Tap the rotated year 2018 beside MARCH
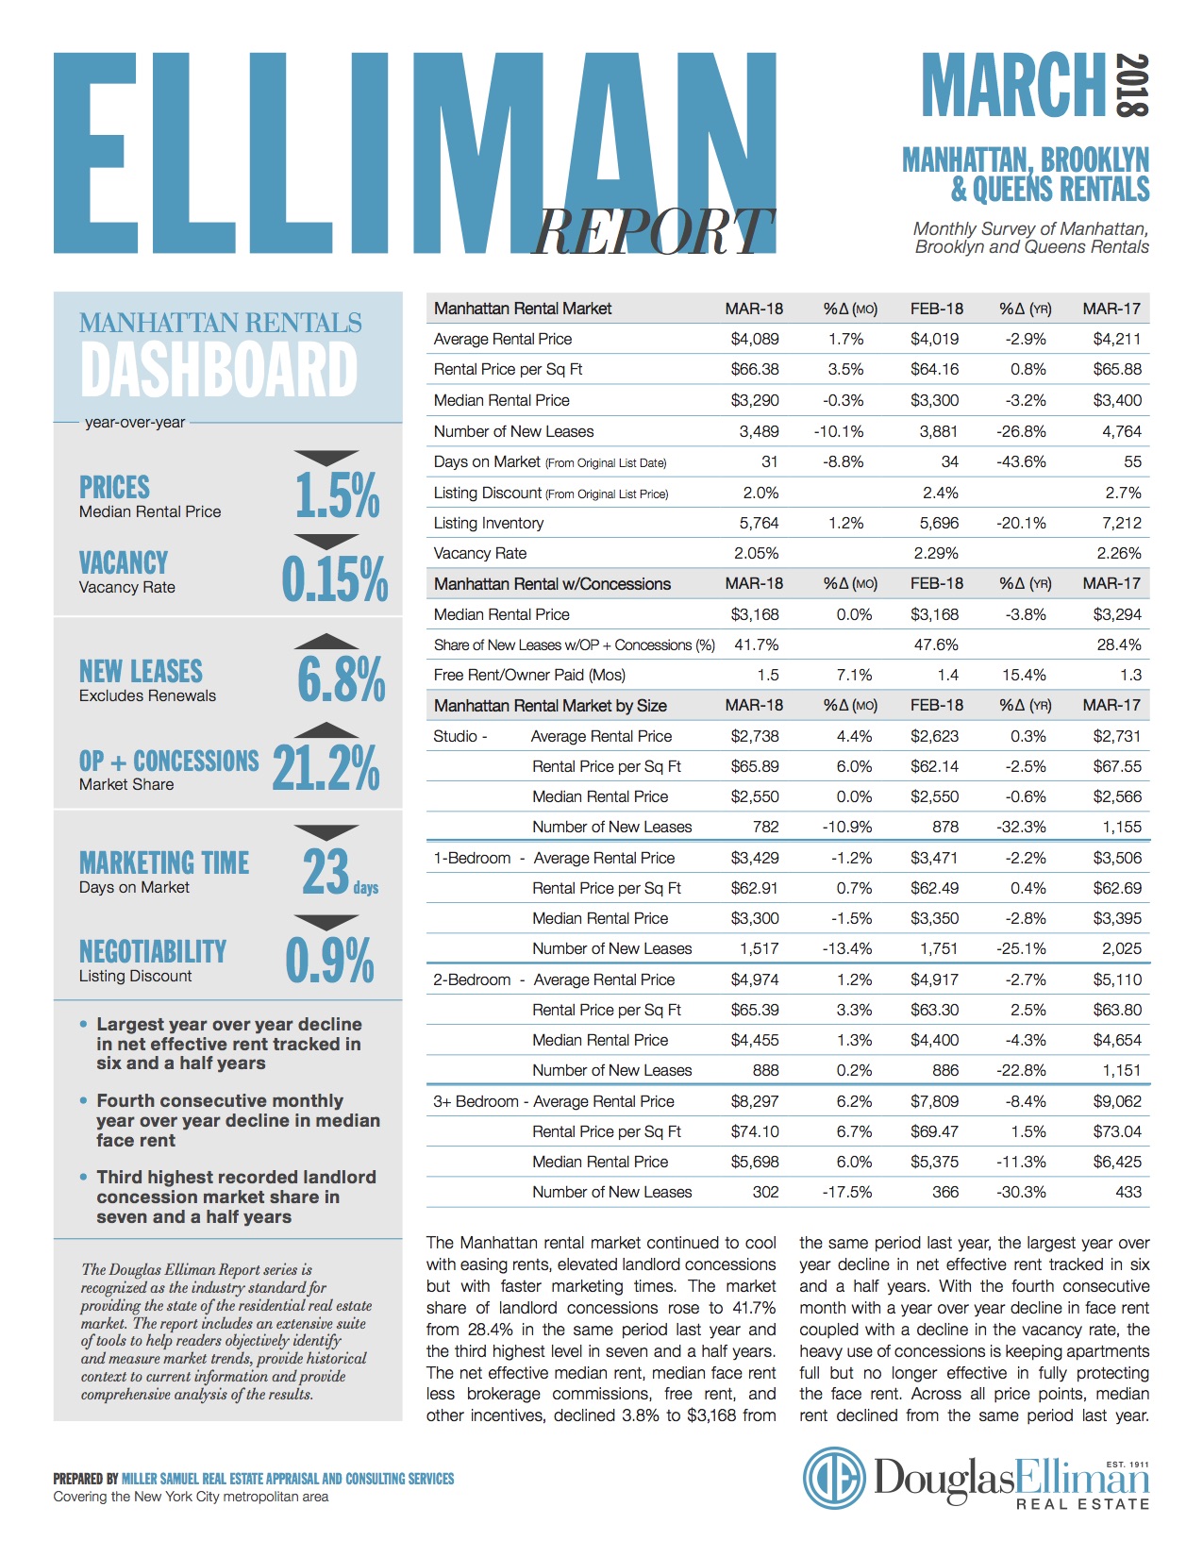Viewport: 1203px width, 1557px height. [1131, 85]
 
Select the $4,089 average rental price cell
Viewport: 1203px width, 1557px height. [755, 339]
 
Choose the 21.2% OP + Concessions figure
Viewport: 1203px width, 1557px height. [326, 768]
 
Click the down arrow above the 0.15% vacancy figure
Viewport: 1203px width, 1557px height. [326, 542]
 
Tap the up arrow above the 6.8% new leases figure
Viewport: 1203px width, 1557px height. [326, 642]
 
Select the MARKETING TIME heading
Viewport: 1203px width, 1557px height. [164, 862]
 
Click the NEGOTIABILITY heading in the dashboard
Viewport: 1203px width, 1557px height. [153, 951]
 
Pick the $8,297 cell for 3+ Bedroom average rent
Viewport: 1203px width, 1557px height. [755, 1101]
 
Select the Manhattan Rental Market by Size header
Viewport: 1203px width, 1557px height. [550, 706]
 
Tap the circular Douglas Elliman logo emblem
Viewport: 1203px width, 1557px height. [835, 1479]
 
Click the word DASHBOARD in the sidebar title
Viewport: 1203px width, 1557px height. [219, 370]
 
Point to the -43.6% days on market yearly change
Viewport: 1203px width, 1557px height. [1021, 461]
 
